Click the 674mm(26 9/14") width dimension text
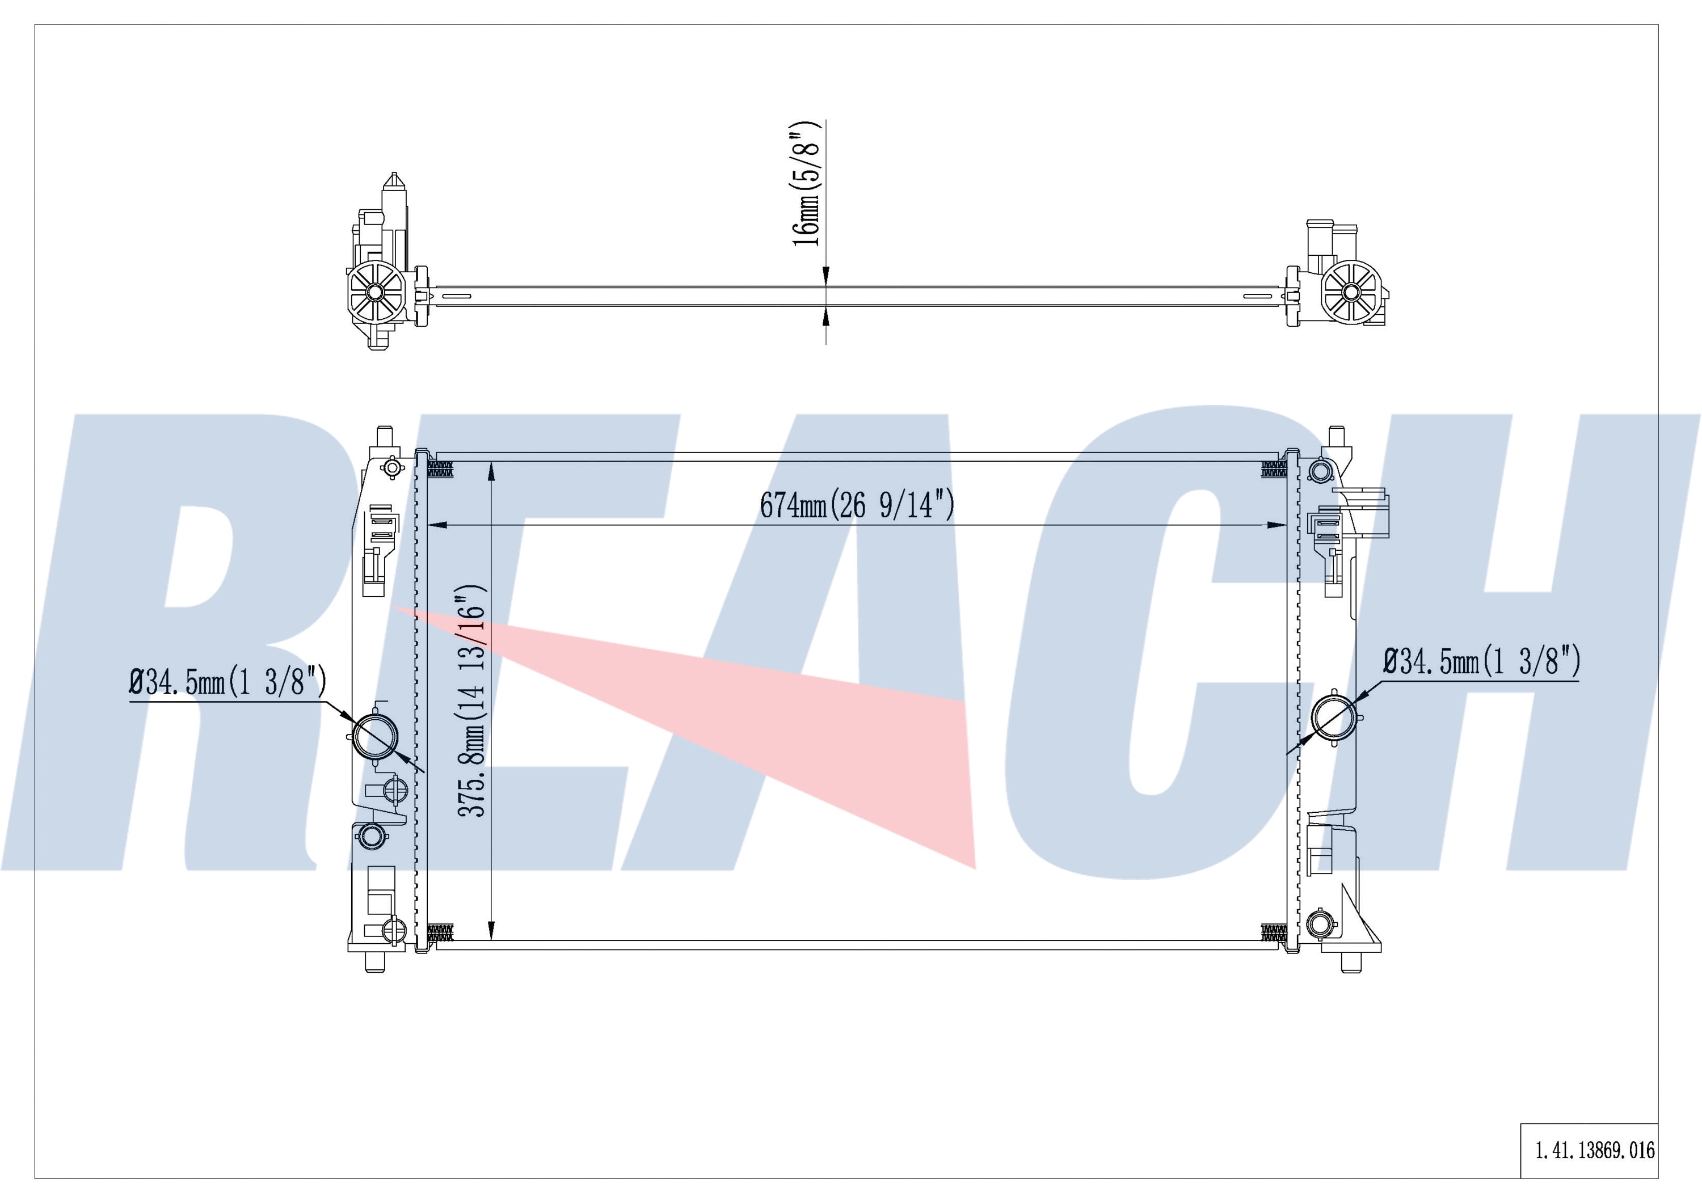[857, 505]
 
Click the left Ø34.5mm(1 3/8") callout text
[228, 681]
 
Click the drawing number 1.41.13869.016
[1594, 1150]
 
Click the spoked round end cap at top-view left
[375, 293]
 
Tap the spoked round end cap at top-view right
[1351, 293]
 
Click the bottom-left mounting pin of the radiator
[375, 961]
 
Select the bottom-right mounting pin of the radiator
[1351, 961]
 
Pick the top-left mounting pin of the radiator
[384, 436]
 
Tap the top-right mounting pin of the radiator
[1337, 436]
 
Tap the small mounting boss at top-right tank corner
[1320, 470]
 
